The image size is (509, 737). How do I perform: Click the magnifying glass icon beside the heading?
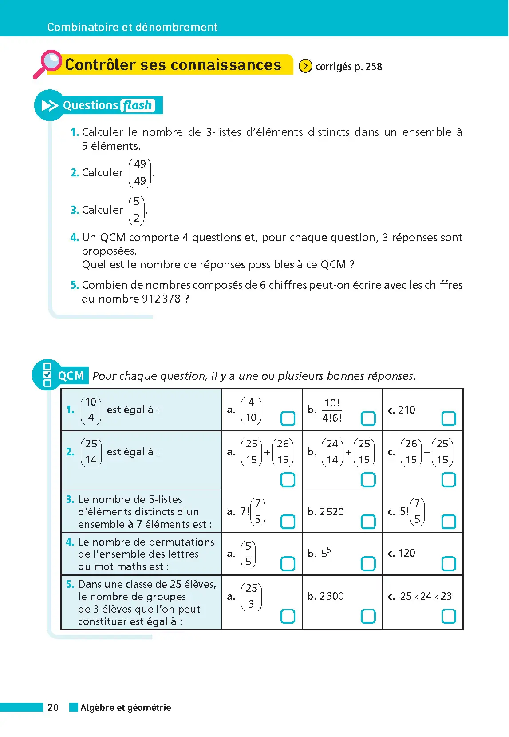click(x=48, y=63)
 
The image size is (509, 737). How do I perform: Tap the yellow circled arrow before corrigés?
click(x=305, y=66)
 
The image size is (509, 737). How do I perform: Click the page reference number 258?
click(x=374, y=67)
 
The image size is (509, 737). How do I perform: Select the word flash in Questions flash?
click(x=137, y=105)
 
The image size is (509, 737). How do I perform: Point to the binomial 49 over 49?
click(x=140, y=172)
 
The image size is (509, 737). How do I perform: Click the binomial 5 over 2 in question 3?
click(x=137, y=210)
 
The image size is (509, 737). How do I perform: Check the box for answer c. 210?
click(x=448, y=418)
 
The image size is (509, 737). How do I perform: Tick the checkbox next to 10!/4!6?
click(x=368, y=418)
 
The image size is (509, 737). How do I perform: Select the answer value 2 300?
click(x=331, y=596)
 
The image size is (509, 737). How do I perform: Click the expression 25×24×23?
click(x=426, y=596)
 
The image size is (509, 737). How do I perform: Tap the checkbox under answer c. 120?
click(x=448, y=563)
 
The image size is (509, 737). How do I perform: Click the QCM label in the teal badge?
click(x=71, y=376)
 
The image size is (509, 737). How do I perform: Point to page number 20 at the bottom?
click(x=53, y=707)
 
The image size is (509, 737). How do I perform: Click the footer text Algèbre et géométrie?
click(x=126, y=707)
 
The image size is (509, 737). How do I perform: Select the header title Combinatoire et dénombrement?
click(x=132, y=27)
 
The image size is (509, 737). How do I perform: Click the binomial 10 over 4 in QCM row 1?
click(x=91, y=410)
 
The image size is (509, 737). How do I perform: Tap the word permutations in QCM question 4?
click(x=187, y=542)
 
